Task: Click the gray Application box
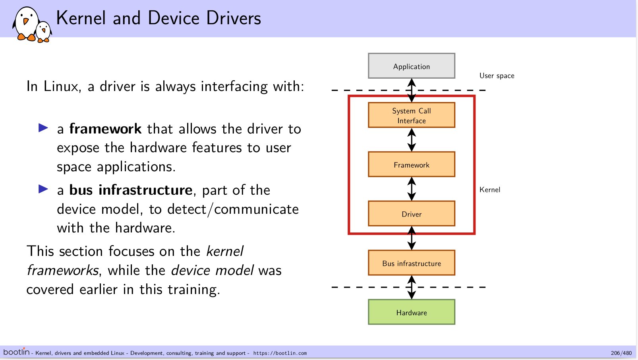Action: [x=412, y=66]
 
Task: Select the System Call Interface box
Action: [x=412, y=115]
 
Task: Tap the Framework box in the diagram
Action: [x=412, y=165]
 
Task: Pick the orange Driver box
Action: [x=412, y=214]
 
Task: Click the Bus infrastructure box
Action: [x=412, y=263]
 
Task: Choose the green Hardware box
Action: [x=412, y=312]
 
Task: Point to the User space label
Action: [x=497, y=76]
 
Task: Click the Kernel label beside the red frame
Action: [x=489, y=190]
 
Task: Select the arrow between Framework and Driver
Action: [x=412, y=189]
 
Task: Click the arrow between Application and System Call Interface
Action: [x=412, y=90]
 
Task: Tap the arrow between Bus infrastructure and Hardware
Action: [x=412, y=287]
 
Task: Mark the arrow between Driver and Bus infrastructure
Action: [x=412, y=238]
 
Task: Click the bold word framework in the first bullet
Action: [x=105, y=129]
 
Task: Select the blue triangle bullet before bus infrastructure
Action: [x=43, y=189]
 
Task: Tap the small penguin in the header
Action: [x=43, y=32]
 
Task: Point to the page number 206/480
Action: [x=621, y=353]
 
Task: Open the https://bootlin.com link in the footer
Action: [x=280, y=353]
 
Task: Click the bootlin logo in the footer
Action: [x=16, y=352]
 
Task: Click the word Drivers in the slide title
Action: [x=233, y=18]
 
